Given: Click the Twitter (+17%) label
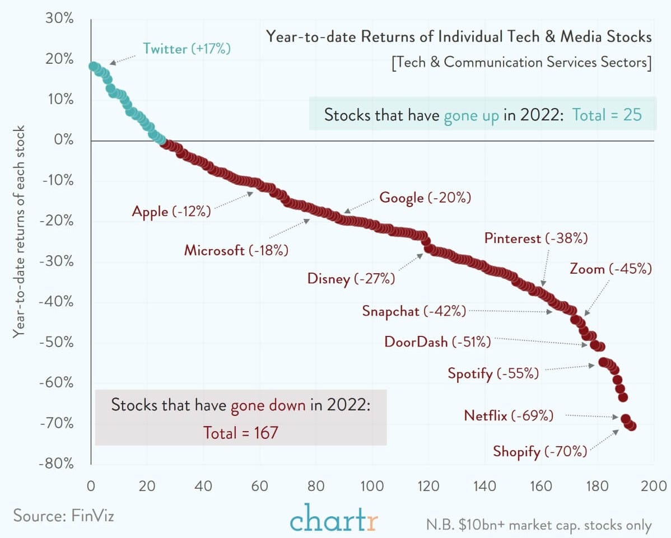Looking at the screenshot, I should point(187,49).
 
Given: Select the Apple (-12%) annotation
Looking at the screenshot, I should point(171,211).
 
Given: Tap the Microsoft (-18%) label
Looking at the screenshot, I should point(236,250).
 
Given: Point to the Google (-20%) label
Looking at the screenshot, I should point(425,198).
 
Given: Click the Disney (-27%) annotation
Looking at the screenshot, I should point(351,278).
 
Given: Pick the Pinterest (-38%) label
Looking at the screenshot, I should point(535,238).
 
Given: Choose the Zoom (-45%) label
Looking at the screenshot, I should point(611,269).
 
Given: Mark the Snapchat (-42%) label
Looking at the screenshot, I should point(413,311).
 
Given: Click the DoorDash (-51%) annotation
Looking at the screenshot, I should point(437,341).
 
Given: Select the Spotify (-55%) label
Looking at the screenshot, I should point(493,373).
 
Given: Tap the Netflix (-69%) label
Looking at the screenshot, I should point(508,415).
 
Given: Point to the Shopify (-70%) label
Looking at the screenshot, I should point(539,451).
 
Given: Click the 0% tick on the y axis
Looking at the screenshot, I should point(63,140).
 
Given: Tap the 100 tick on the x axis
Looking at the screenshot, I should point(372,485).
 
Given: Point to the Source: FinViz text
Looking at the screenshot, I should point(63,515).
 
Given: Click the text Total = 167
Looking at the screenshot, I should point(240,432).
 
